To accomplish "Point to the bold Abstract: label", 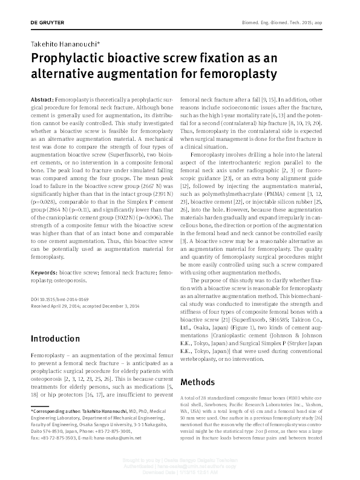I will tap(42, 98).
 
